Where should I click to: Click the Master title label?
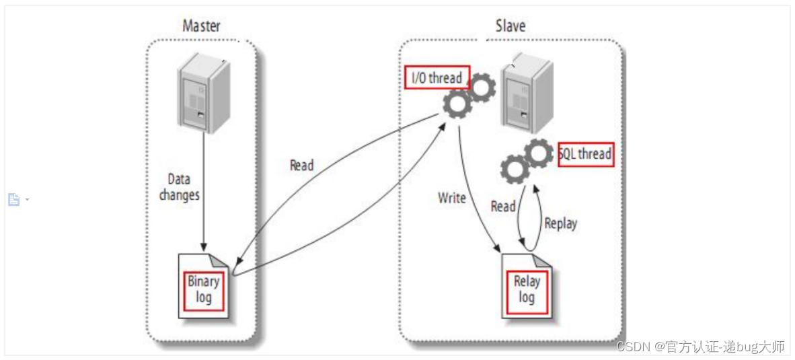[201, 26]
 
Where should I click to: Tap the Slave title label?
[510, 26]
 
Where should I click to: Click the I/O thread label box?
[437, 78]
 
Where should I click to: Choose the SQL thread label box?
[586, 154]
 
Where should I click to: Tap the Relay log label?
[527, 289]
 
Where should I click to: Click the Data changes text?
[179, 187]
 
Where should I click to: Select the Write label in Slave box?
[452, 198]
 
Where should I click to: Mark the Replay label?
[560, 223]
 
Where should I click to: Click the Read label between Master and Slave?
[301, 165]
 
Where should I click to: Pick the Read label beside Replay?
[503, 206]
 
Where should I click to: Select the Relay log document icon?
[527, 286]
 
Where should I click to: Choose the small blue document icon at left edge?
[13, 199]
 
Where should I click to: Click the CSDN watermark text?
[700, 347]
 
